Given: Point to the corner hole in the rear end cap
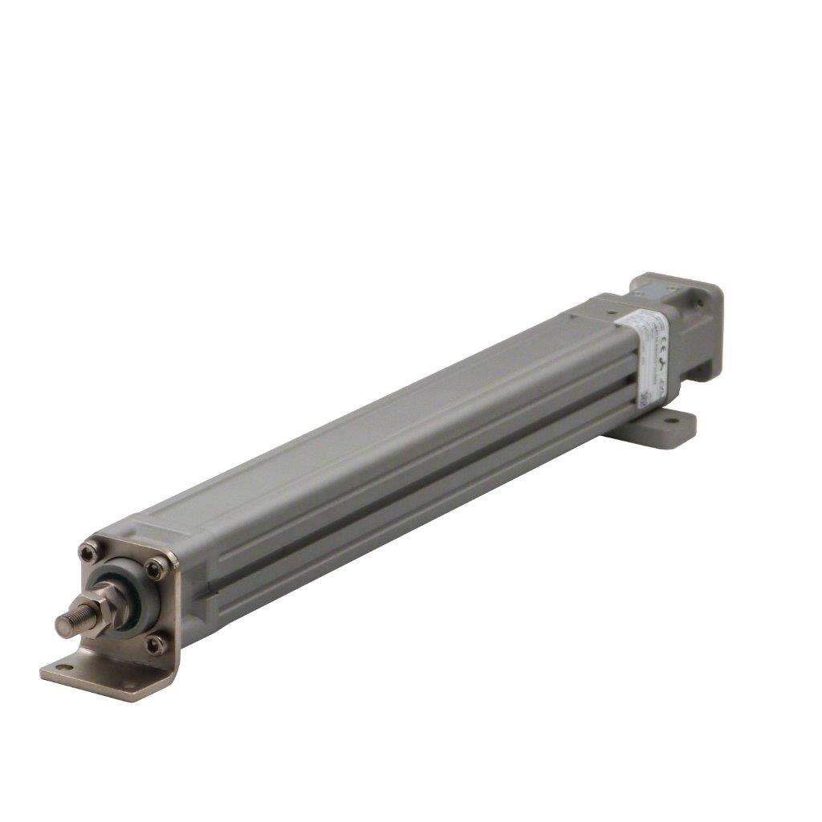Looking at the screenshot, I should (706, 301).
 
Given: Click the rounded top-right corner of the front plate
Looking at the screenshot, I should (172, 556).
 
